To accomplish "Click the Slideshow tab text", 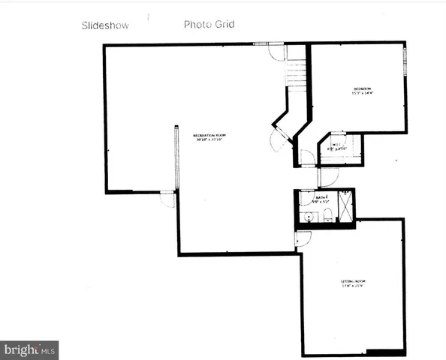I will [x=105, y=25].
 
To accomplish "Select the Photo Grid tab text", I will [x=209, y=24].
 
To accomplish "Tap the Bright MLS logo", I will [x=30, y=349].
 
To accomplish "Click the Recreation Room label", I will [x=210, y=137].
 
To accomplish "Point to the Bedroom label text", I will [x=363, y=91].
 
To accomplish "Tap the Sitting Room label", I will [x=353, y=283].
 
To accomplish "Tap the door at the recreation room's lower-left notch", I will [x=167, y=199].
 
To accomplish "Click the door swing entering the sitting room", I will [x=302, y=238].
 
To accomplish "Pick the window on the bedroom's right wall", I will [x=406, y=59].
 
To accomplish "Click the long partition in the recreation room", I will [x=176, y=157].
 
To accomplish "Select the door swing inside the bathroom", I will [x=306, y=199].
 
